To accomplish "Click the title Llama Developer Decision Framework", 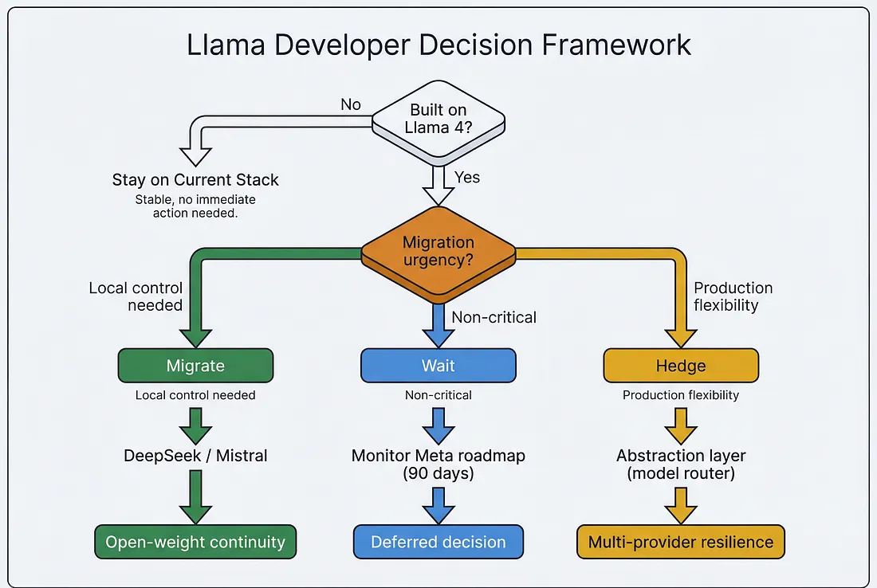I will click(438, 45).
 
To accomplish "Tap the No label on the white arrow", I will click(350, 104).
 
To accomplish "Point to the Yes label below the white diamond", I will click(467, 177).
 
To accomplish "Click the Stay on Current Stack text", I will click(195, 179).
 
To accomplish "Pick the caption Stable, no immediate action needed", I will click(195, 206).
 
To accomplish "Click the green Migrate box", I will click(195, 366).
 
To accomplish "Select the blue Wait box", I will click(438, 366).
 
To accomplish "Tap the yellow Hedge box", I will click(680, 366).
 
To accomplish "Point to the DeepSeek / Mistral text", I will click(195, 456).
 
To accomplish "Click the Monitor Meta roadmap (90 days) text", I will click(438, 465).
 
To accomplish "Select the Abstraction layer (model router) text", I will click(680, 465).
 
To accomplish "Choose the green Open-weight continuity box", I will click(195, 542).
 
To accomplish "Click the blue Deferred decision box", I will click(438, 542).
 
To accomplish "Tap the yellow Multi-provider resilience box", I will click(680, 542).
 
